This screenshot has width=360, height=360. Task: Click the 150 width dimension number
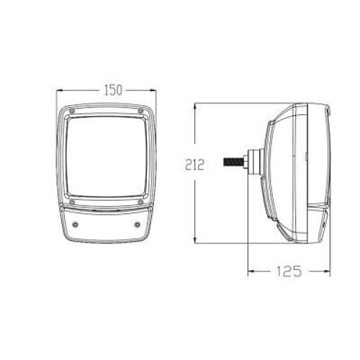[x=112, y=90]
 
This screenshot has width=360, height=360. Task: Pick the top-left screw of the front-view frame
[x=71, y=111]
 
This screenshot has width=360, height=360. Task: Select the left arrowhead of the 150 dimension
[x=59, y=90]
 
